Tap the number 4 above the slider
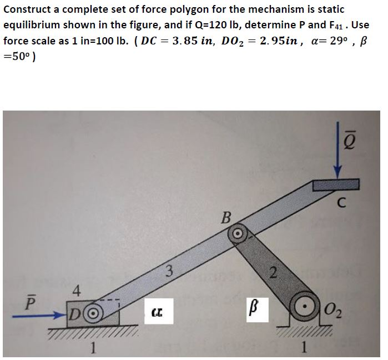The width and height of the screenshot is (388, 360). point(77,289)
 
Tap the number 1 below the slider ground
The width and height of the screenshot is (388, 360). point(95,348)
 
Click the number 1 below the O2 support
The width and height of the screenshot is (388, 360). point(303,348)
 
